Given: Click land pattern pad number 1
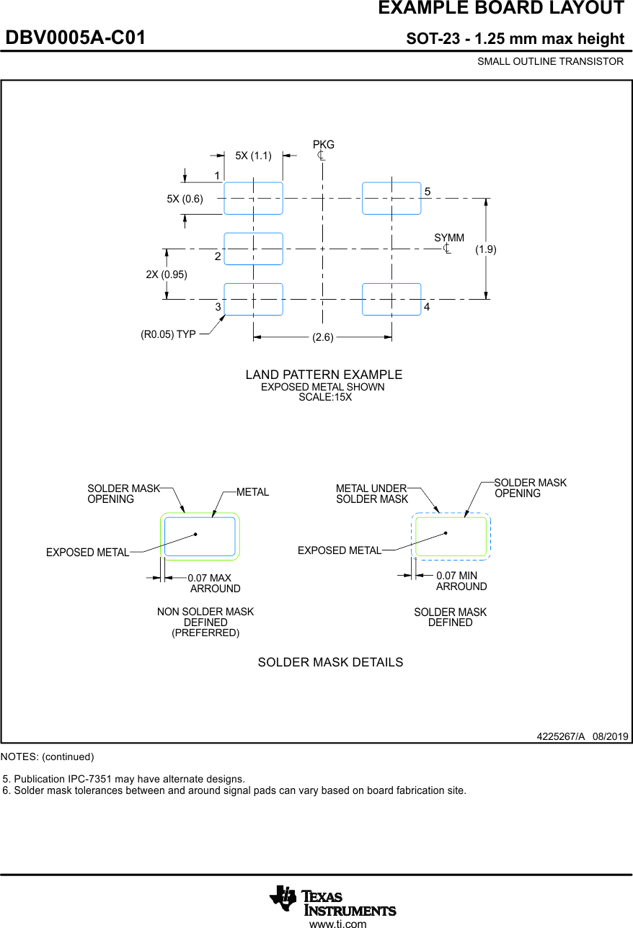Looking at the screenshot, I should coord(253,198).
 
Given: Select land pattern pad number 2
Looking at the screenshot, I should coord(253,249).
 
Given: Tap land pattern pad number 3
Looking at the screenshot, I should coord(253,299).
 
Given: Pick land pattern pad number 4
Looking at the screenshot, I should coord(391,299).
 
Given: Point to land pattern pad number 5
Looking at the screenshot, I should coord(391,198).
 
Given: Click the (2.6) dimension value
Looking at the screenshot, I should coord(323,337).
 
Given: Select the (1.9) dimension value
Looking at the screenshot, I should coord(486,249).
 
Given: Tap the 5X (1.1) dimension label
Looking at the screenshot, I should coord(254,156).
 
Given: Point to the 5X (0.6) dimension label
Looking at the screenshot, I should coord(185,199).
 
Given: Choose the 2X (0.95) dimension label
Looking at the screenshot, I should coord(167,275).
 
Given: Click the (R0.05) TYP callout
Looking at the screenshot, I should coord(168,334).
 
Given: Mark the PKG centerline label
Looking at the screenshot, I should coord(323,145).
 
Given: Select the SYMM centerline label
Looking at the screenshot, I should coord(449,238).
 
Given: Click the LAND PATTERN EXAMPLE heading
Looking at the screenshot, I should coord(324,375).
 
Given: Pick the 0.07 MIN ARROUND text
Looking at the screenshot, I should coord(461,581).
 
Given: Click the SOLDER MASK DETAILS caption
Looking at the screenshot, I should coord(330,662).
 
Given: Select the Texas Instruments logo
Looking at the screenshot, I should coord(332,901).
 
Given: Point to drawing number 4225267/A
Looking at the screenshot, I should coord(560,736).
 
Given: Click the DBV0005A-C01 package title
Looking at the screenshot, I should coord(76,38).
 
